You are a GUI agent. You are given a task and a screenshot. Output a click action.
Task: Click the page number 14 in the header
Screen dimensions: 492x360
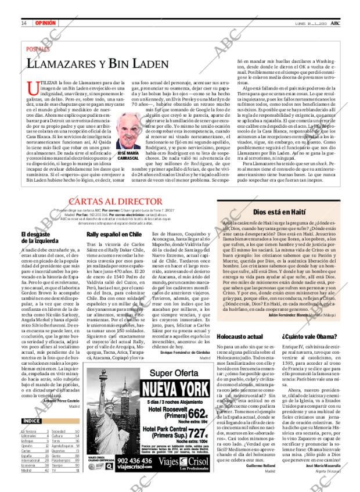pos(24,23)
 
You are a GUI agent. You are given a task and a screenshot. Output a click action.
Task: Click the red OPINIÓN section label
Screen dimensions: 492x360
pos(45,23)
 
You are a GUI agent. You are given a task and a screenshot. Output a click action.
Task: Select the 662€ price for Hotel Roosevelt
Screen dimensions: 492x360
pos(195,413)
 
